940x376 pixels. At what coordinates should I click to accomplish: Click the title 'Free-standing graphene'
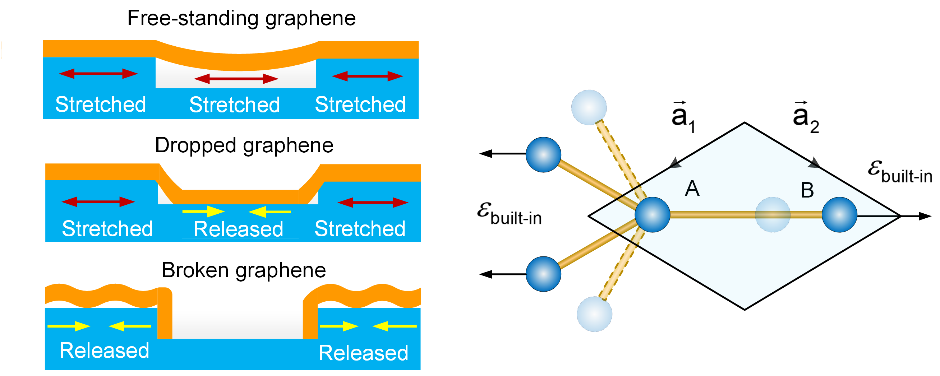pos(241,18)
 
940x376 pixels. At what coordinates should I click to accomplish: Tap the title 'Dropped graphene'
pos(244,145)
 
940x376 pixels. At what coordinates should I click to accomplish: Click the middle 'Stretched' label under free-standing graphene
pos(235,105)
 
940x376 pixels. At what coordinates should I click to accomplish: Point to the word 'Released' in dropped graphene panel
pos(238,229)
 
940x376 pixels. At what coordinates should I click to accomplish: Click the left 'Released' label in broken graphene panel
pos(104,351)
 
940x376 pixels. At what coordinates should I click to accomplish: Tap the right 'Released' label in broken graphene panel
pos(363,353)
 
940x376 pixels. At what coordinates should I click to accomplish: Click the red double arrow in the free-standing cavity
pos(236,79)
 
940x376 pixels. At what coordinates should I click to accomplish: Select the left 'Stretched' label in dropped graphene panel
pos(107,229)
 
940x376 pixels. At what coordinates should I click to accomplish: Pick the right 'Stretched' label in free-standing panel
pos(360,105)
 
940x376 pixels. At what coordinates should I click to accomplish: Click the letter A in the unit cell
pos(692,189)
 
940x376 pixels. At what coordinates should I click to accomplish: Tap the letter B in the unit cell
pos(807,190)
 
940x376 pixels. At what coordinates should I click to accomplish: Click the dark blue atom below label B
pos(839,215)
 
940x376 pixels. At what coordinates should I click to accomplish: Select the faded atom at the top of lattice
pos(589,108)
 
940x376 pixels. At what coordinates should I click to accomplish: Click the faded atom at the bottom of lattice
pos(594,314)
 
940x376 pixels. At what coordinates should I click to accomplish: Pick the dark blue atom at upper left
pos(543,155)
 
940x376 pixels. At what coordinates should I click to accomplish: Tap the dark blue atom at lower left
pos(543,274)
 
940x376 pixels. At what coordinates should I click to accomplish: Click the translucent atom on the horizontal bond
pos(773,215)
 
